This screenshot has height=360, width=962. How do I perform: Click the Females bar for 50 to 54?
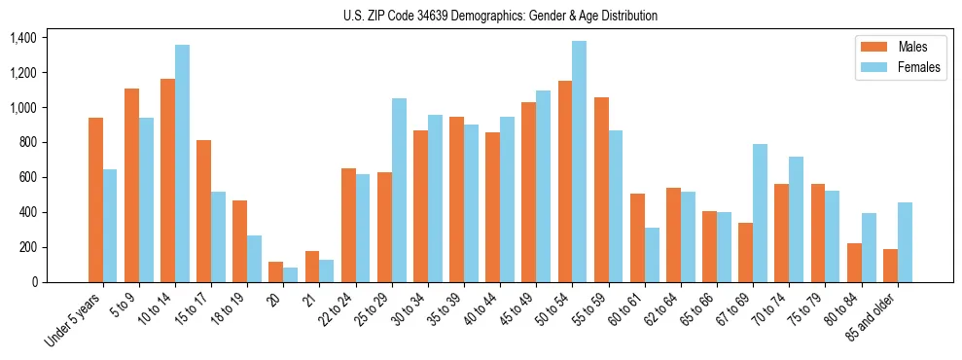coord(579,162)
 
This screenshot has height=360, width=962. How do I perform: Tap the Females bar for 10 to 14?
coord(182,163)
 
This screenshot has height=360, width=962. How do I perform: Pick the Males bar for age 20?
coord(275,271)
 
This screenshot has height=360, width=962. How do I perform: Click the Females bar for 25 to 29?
coord(399,190)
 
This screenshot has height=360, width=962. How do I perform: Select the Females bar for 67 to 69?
coord(760,213)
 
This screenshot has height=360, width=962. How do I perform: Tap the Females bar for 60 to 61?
coord(652,255)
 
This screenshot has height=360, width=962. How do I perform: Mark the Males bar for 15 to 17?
coord(203,211)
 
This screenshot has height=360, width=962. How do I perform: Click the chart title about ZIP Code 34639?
coord(500,16)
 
